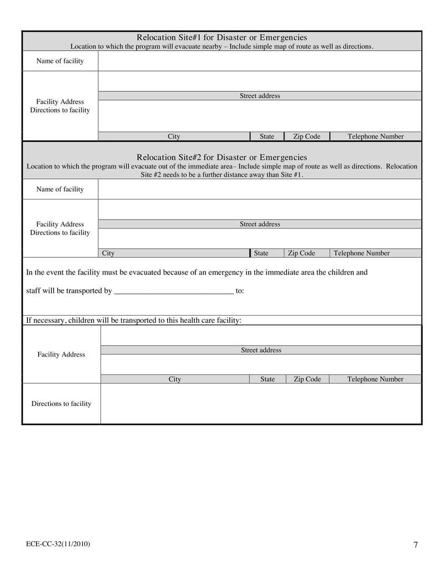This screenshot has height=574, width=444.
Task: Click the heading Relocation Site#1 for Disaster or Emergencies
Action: click(x=221, y=37)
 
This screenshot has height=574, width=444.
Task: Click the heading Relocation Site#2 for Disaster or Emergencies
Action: click(x=221, y=157)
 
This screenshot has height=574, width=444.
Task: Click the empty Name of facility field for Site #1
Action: click(x=259, y=61)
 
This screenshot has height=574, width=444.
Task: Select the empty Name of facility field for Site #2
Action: click(x=259, y=189)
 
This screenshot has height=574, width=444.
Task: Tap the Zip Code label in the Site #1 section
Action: click(x=306, y=136)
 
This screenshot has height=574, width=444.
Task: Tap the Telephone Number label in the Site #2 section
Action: click(x=361, y=253)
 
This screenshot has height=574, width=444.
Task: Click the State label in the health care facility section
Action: click(x=268, y=379)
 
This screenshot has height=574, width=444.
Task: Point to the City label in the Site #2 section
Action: click(x=108, y=253)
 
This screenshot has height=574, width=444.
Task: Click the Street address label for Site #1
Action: click(x=260, y=96)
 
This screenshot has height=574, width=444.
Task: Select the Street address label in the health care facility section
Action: click(x=261, y=350)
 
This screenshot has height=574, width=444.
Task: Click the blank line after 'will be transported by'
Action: click(x=173, y=291)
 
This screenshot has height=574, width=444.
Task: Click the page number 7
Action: click(x=415, y=545)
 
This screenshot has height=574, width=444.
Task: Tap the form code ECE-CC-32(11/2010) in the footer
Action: click(x=58, y=544)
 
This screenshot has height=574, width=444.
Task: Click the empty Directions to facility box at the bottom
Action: click(x=261, y=404)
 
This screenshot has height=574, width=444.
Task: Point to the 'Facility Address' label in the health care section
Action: click(x=61, y=354)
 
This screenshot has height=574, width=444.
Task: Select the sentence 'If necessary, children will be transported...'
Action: click(x=134, y=320)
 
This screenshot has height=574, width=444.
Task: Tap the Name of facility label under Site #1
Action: click(x=60, y=61)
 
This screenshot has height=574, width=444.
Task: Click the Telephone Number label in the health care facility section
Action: click(x=375, y=379)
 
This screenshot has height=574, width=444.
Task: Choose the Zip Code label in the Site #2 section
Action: click(x=301, y=253)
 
